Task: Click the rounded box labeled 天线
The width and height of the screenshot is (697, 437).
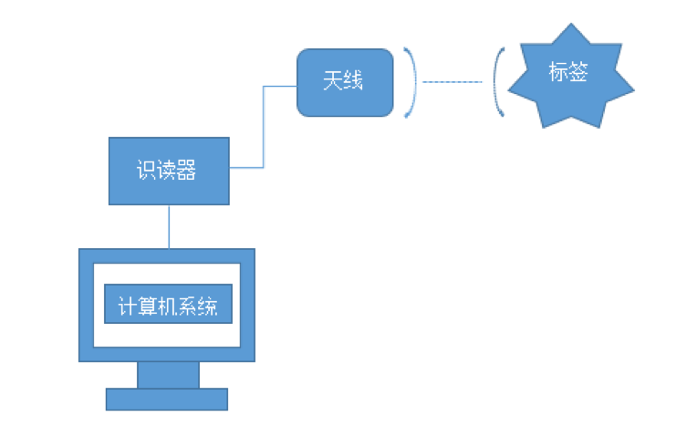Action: [343, 82]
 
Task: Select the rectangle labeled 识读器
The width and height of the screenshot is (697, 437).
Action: [169, 171]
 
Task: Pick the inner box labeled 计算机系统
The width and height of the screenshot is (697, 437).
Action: [169, 306]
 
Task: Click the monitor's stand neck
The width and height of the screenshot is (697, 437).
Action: [168, 375]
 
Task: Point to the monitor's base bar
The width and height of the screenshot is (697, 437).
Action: [166, 399]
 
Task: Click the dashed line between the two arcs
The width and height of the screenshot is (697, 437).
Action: [453, 82]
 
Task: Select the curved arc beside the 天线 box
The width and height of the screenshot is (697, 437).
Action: [413, 82]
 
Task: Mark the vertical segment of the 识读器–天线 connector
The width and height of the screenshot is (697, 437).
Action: [264, 128]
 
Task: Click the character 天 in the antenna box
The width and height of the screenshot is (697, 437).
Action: [333, 82]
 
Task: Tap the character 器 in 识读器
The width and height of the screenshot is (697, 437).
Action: [187, 171]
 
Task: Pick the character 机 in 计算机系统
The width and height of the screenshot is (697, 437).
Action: [169, 306]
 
